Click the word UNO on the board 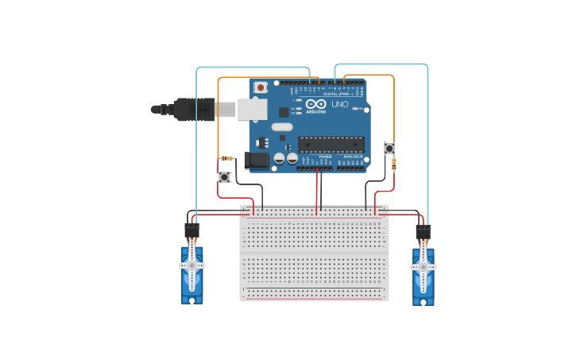tap(339, 104)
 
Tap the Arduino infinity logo tap(315, 104)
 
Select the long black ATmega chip tap(331, 145)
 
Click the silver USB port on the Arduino tap(252, 109)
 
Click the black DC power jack tap(258, 161)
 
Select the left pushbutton tap(225, 176)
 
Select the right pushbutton tap(389, 149)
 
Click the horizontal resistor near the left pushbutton tap(226, 158)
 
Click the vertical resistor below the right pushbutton tap(394, 165)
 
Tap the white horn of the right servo tap(423, 267)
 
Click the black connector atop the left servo tap(191, 231)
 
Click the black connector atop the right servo tap(423, 231)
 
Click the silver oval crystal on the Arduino tap(282, 127)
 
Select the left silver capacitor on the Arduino tap(280, 159)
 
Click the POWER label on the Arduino tap(325, 157)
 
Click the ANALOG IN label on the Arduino tap(350, 157)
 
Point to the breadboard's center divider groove tap(315, 251)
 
